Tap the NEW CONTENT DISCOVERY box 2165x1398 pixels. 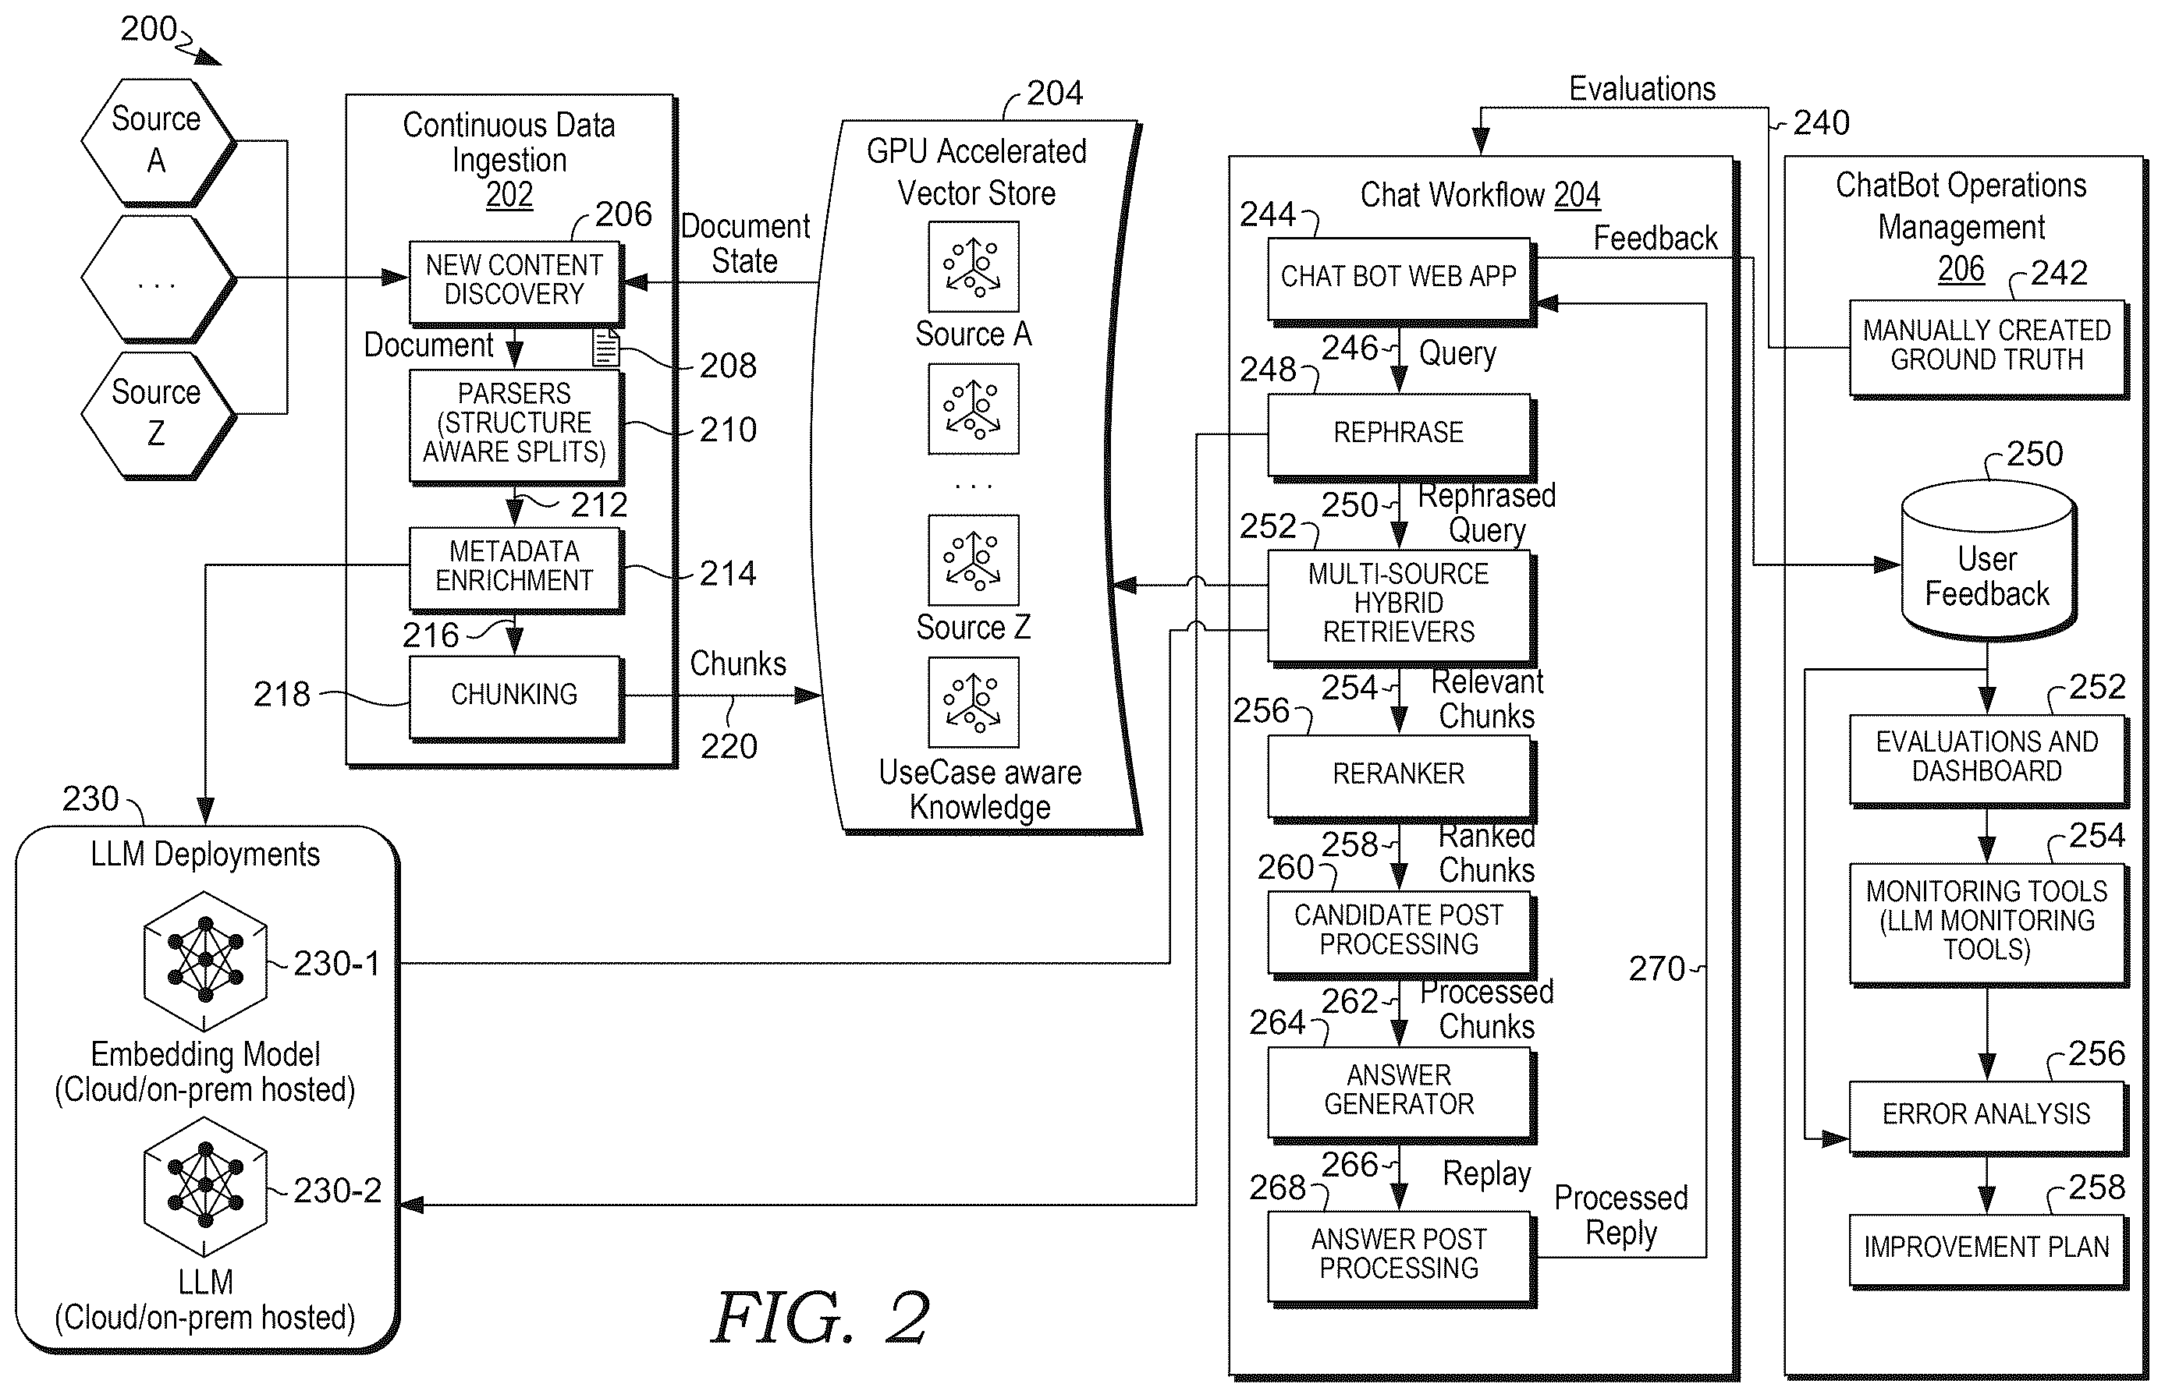pos(515,281)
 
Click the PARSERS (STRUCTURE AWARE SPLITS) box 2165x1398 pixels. pos(515,425)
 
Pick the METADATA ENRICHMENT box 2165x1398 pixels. pos(515,568)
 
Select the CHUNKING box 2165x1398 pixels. pos(515,697)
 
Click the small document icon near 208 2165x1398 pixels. pos(605,348)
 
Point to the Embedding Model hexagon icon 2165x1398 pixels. pos(205,961)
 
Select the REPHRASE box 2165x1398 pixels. pos(1400,436)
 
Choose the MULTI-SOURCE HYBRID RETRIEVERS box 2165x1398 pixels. pos(1400,607)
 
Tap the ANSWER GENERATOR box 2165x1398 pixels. pos(1400,1093)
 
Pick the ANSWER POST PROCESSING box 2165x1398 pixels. pos(1400,1258)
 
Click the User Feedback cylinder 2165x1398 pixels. pos(1988,561)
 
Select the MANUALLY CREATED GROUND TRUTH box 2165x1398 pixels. pos(1988,348)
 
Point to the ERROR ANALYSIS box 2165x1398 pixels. pos(1988,1117)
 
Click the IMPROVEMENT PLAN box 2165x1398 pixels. pos(1988,1249)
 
